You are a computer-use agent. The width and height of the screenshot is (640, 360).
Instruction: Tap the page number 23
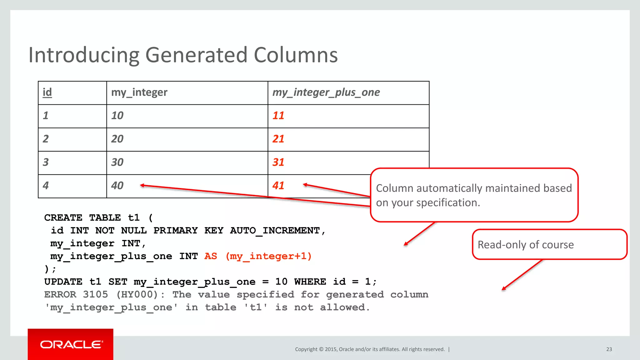click(x=609, y=349)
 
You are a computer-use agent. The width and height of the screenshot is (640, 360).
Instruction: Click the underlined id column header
click(x=47, y=92)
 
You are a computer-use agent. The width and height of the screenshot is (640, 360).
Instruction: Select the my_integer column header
click(x=139, y=92)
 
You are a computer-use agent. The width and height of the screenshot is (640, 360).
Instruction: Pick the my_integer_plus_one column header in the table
click(x=326, y=92)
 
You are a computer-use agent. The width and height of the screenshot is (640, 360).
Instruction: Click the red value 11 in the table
click(x=278, y=116)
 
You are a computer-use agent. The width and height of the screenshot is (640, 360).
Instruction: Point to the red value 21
click(x=278, y=139)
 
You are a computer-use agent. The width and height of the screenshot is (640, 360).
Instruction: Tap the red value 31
click(x=278, y=162)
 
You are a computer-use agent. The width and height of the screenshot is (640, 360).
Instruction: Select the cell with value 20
click(x=117, y=139)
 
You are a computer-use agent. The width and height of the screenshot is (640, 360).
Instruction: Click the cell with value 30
click(x=117, y=162)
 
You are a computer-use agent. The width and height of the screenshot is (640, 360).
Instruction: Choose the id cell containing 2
click(x=46, y=139)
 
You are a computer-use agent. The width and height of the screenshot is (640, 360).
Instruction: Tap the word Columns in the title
click(x=296, y=55)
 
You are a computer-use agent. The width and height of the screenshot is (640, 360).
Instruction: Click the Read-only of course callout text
click(x=526, y=245)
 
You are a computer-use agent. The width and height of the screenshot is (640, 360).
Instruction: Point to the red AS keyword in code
click(x=211, y=256)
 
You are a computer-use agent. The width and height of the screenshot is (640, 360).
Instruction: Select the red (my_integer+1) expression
click(x=268, y=256)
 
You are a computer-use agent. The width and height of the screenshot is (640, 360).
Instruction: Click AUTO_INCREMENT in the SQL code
click(x=275, y=231)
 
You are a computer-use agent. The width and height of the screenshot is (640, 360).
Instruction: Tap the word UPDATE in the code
click(x=63, y=282)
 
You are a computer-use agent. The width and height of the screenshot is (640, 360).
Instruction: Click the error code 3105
click(x=95, y=295)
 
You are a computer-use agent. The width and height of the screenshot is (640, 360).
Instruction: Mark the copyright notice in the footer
click(x=370, y=349)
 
